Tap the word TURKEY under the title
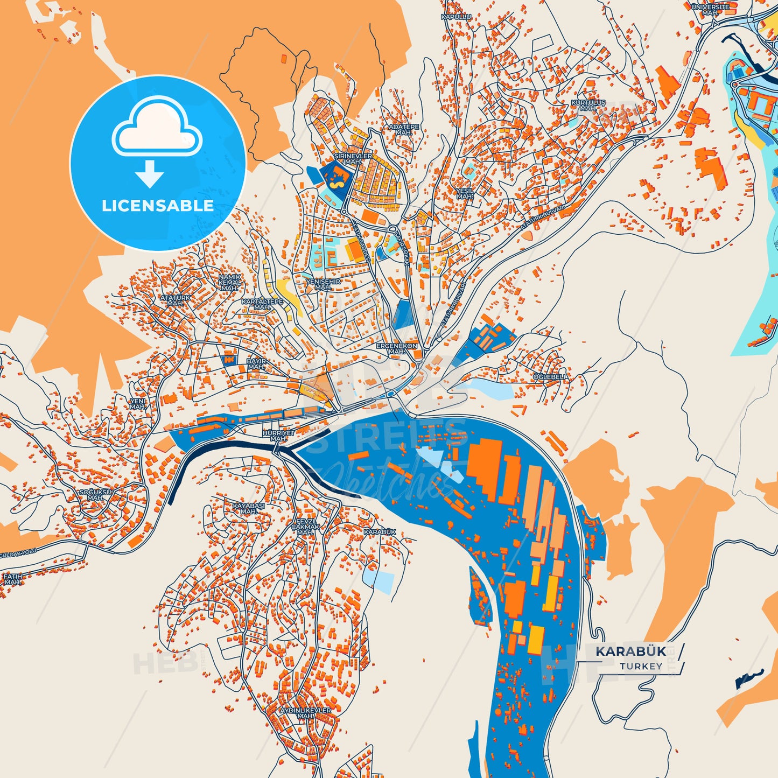(641, 667)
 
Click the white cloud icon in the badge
(157, 127)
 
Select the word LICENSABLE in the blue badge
(158, 206)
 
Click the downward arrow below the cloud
(150, 173)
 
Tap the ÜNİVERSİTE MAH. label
(710, 9)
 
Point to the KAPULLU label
(456, 17)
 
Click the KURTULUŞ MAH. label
(588, 105)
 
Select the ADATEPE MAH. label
(403, 130)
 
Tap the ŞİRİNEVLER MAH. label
(353, 158)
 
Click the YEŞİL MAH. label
(464, 193)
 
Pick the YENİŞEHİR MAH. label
(323, 284)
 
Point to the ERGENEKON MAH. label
(397, 348)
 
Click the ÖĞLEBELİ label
(549, 377)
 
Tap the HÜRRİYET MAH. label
(278, 436)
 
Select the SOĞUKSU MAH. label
(95, 495)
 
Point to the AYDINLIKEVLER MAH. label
(305, 713)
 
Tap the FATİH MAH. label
(13, 579)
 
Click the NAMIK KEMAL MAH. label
(230, 282)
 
